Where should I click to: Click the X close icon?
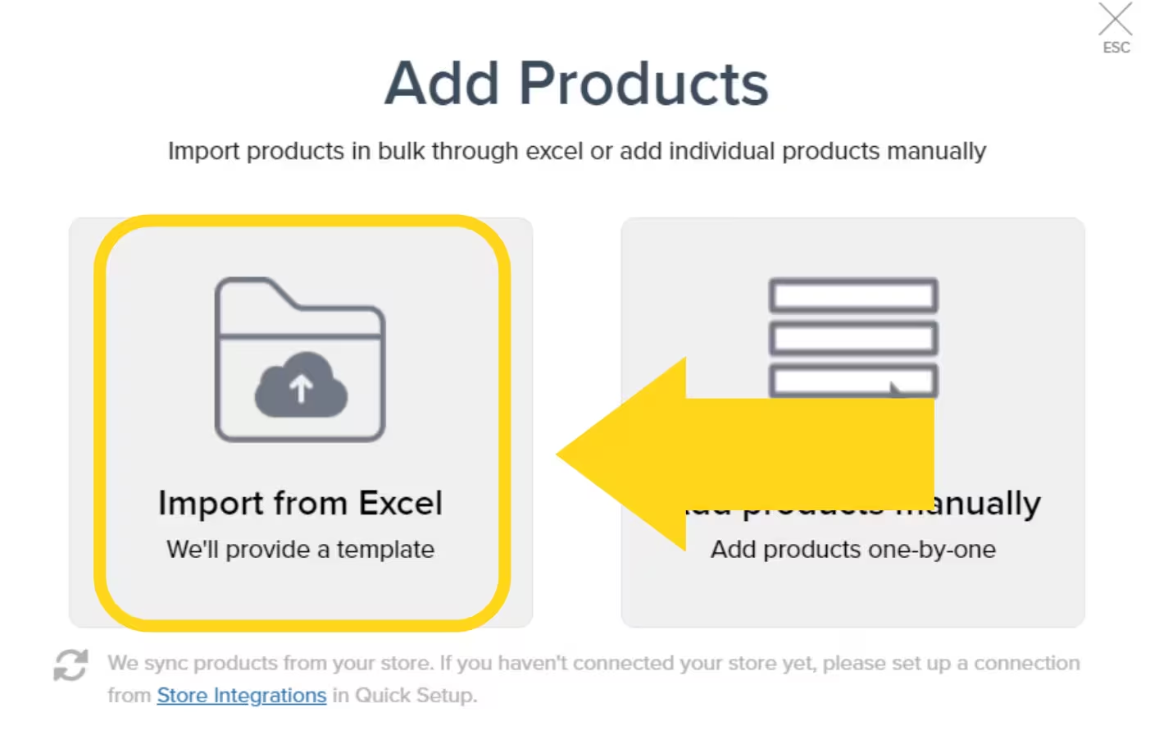pyautogui.click(x=1115, y=19)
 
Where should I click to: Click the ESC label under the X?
pyautogui.click(x=1116, y=48)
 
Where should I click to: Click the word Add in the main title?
pyautogui.click(x=442, y=84)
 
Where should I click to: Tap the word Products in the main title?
pyautogui.click(x=643, y=84)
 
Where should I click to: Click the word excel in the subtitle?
pyautogui.click(x=554, y=151)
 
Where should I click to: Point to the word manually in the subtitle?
pyautogui.click(x=936, y=151)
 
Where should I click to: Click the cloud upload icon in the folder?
pyautogui.click(x=301, y=386)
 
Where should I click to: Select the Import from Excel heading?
pyautogui.click(x=300, y=503)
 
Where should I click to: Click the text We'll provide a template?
pyautogui.click(x=300, y=549)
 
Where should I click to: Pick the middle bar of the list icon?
pyautogui.click(x=852, y=338)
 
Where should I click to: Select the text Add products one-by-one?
pyautogui.click(x=852, y=549)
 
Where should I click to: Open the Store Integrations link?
pyautogui.click(x=241, y=695)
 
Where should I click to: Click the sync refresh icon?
pyautogui.click(x=70, y=665)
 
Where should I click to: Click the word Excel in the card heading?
pyautogui.click(x=401, y=503)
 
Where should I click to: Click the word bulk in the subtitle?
pyautogui.click(x=402, y=151)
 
